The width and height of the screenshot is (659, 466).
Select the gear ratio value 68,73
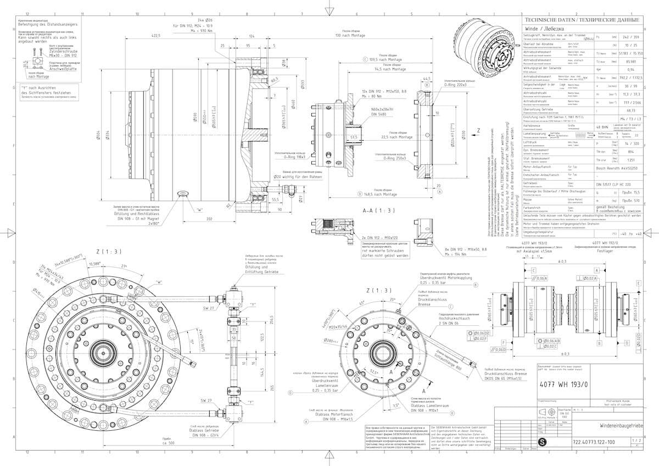tap(630, 109)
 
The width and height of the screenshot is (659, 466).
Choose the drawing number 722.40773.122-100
tap(593, 441)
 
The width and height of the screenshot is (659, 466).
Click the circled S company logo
tap(544, 441)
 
